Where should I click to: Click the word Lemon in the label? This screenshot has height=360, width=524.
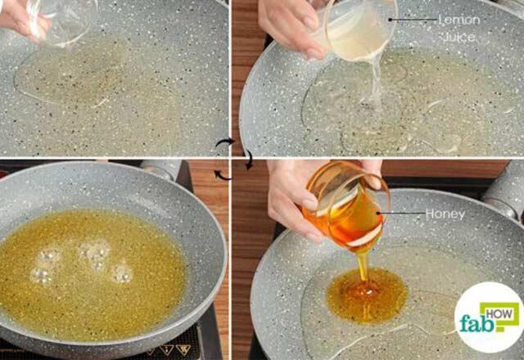click(458, 19)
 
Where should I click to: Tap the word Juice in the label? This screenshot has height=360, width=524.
click(458, 37)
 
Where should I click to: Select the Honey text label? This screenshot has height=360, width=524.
click(445, 214)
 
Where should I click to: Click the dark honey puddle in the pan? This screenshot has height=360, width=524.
click(367, 295)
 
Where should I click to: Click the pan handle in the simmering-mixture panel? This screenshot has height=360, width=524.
click(160, 169)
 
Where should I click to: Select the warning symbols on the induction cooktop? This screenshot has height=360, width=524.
click(168, 349)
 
